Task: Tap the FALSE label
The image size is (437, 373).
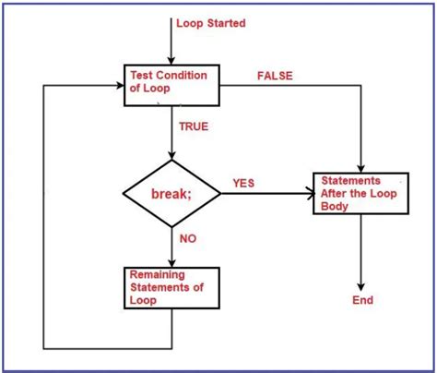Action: pyautogui.click(x=273, y=76)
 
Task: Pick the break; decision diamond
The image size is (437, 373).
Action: pyautogui.click(x=171, y=194)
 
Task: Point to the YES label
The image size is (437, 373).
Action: pyautogui.click(x=244, y=183)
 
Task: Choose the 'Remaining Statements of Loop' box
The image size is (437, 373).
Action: pyautogui.click(x=171, y=287)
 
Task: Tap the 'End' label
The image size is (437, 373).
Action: pyautogui.click(x=363, y=301)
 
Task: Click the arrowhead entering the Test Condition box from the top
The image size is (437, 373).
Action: pyautogui.click(x=171, y=61)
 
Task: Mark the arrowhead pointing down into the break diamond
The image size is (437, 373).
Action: pyautogui.click(x=171, y=159)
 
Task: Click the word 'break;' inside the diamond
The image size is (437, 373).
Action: pyautogui.click(x=171, y=194)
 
